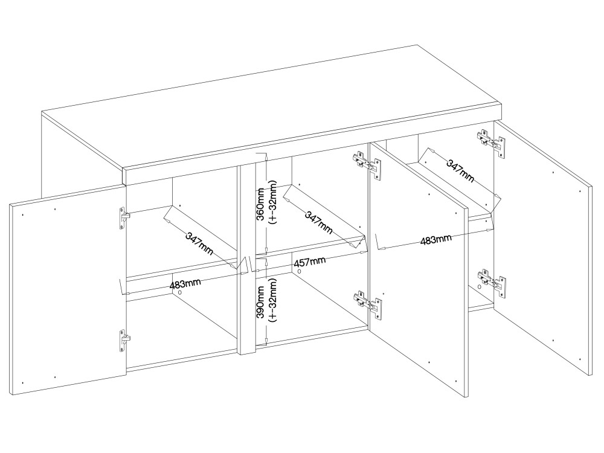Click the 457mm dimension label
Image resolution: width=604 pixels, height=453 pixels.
tap(310, 262)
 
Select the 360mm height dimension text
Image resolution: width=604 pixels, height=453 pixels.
tap(261, 204)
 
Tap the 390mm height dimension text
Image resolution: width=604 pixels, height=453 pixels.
tap(261, 302)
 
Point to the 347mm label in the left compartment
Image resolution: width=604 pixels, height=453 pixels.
tap(199, 244)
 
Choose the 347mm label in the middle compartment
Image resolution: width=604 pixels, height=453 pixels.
tap(318, 222)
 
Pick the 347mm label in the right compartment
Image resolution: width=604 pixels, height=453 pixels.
tap(460, 171)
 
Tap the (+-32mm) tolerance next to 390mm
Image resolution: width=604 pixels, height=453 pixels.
tap(273, 300)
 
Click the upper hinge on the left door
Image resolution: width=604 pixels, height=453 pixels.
tap(124, 218)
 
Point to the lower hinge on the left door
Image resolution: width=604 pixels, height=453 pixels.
tap(124, 340)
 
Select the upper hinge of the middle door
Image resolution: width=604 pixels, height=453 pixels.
tap(368, 164)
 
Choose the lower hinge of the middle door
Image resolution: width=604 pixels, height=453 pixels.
tap(368, 304)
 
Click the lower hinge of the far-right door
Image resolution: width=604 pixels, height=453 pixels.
tap(491, 283)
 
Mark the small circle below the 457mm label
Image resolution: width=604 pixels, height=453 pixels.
tap(300, 272)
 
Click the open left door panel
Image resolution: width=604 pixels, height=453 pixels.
tap(68, 290)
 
